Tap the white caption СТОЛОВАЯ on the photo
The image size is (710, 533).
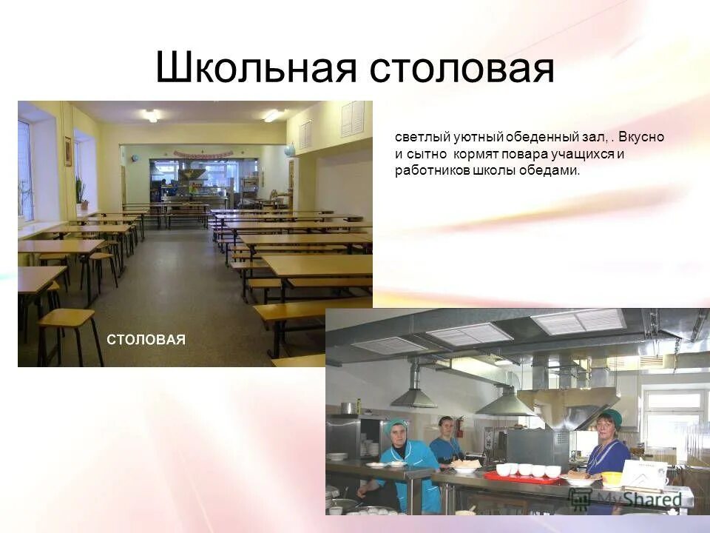(x=146, y=339)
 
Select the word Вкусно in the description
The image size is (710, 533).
(x=641, y=138)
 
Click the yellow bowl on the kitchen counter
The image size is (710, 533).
(x=611, y=478)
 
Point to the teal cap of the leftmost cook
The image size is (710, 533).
(x=395, y=425)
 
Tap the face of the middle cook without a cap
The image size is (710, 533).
(x=445, y=426)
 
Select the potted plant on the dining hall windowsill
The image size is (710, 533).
(x=81, y=194)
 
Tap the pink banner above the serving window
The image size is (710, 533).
(x=203, y=154)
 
